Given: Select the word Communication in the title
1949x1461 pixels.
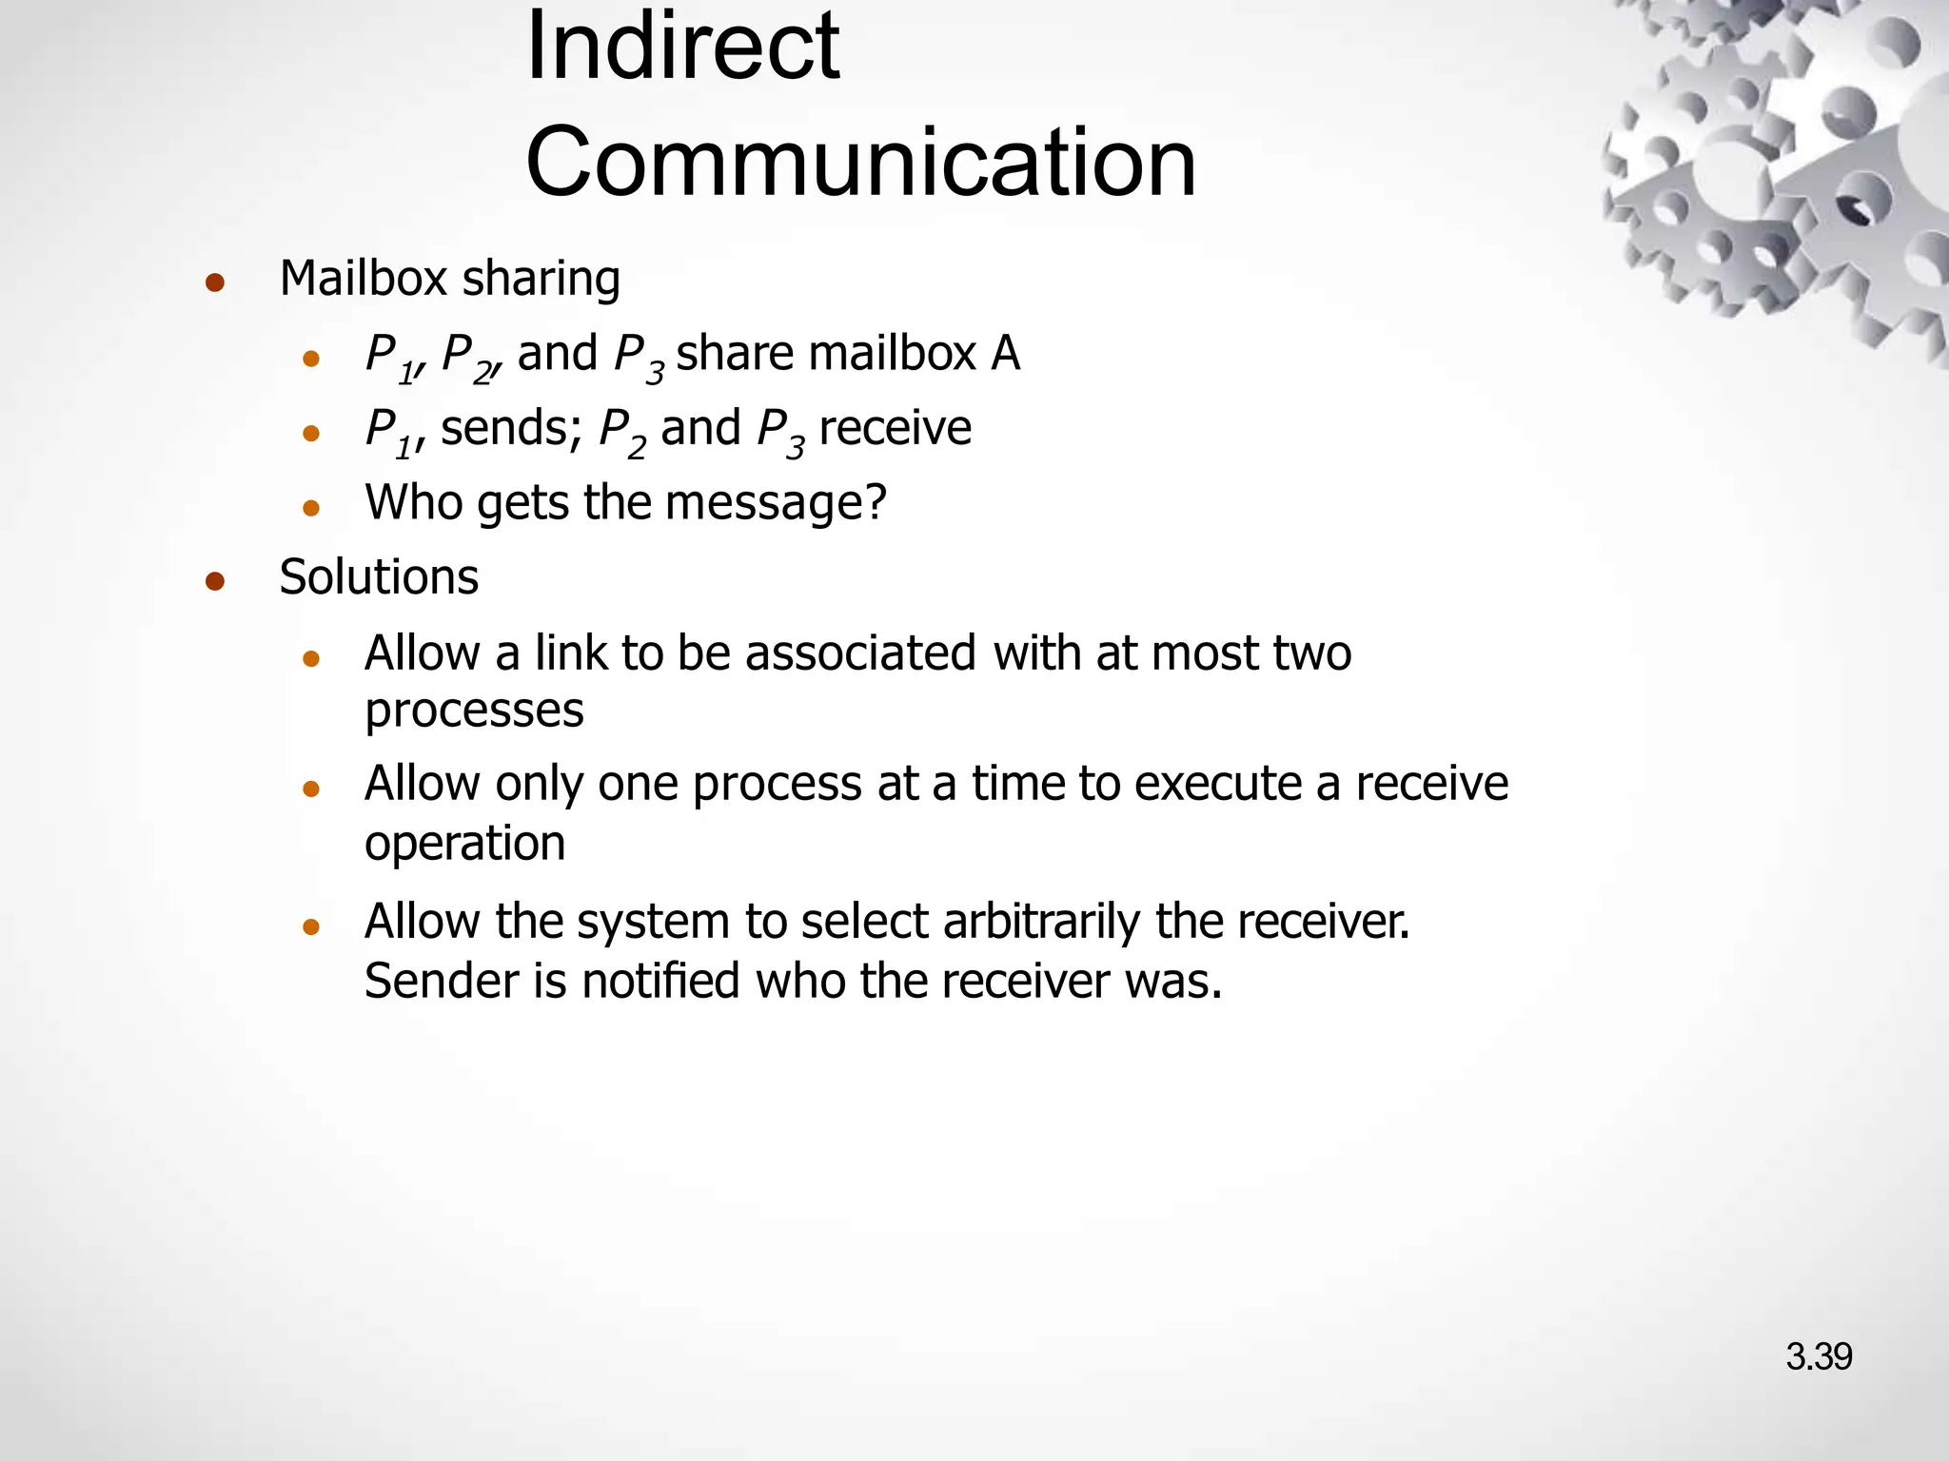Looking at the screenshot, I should tap(860, 163).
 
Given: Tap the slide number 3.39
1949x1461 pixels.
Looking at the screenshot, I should tap(1818, 1356).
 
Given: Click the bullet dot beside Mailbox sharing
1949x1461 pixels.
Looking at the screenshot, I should tap(214, 282).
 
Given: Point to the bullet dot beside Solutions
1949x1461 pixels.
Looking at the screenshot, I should tap(214, 581).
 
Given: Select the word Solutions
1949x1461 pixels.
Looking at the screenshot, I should tap(379, 577).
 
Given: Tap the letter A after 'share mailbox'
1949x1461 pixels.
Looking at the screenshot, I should tap(1005, 354).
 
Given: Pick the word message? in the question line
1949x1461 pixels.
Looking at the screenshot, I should tap(776, 503).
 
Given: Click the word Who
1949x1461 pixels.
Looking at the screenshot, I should tap(412, 502).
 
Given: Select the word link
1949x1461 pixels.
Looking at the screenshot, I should tap(570, 653).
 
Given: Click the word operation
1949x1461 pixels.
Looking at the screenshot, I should tap(464, 844).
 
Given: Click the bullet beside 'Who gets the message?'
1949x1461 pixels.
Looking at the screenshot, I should tap(310, 508).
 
